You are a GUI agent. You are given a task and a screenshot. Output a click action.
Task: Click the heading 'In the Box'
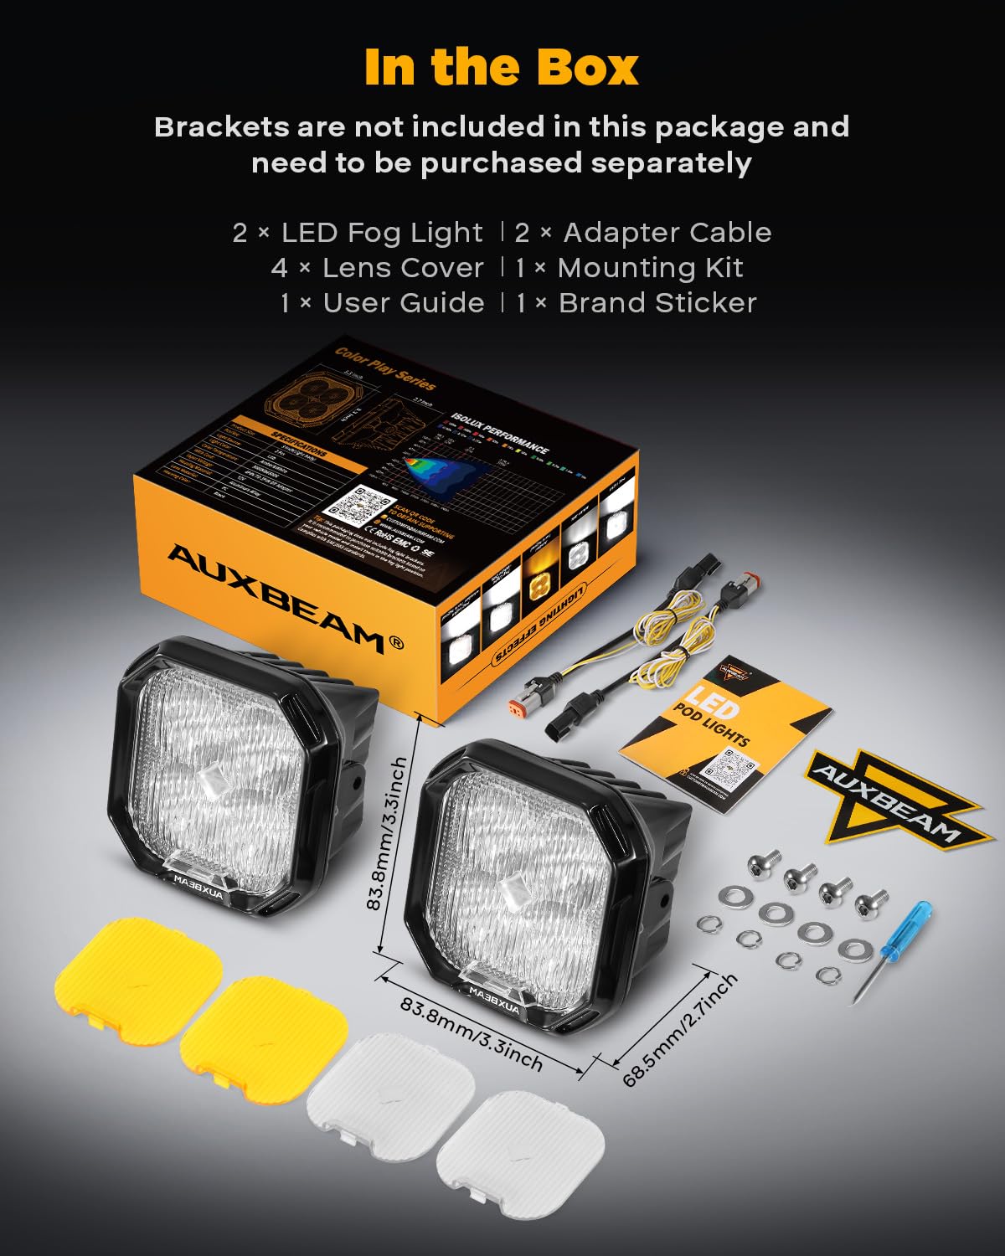tap(501, 68)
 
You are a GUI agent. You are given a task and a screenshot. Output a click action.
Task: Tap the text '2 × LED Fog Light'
tap(358, 233)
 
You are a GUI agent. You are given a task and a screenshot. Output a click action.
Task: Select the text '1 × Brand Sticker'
tap(636, 303)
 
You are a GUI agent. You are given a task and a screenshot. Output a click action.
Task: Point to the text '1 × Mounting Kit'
tap(629, 268)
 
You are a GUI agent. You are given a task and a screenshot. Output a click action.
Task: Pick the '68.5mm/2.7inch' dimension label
tap(681, 1030)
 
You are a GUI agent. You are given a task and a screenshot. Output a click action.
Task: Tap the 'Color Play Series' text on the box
tap(384, 369)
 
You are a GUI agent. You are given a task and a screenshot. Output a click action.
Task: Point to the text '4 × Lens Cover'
tap(378, 268)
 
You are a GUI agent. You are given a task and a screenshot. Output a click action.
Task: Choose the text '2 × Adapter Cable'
tap(642, 233)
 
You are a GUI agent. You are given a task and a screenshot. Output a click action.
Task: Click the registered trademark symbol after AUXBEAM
tap(396, 643)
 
